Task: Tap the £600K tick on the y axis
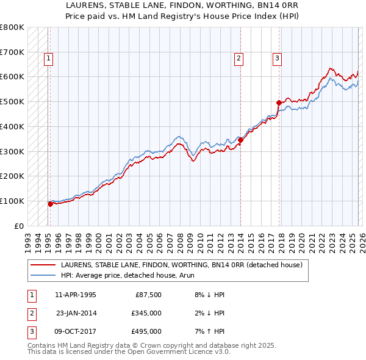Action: point(12,77)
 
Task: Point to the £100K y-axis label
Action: point(12,201)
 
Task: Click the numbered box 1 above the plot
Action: point(48,59)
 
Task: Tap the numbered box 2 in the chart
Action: point(239,59)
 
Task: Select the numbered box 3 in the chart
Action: point(277,59)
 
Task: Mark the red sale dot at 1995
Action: point(50,204)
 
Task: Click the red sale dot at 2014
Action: point(241,140)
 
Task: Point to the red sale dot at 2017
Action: point(279,103)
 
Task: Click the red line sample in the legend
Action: point(43,265)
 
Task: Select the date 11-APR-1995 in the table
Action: point(75,294)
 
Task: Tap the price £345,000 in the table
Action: point(146,312)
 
